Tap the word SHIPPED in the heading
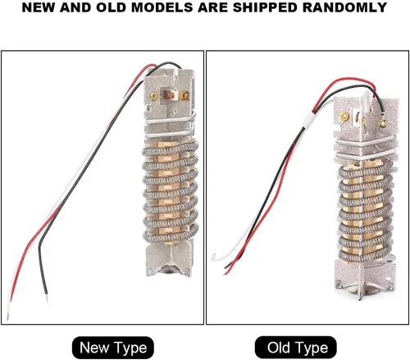tap(265, 7)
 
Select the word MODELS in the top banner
tap(162, 7)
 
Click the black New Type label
tap(113, 348)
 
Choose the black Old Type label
tap(296, 348)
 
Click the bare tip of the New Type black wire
tap(47, 298)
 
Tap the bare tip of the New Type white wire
tap(7, 317)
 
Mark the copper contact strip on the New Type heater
tap(170, 95)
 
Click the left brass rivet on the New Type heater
tap(154, 95)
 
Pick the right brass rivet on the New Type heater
tap(185, 95)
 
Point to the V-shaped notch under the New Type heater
tap(169, 268)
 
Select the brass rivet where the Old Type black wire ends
tap(383, 123)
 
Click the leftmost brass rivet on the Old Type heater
tap(344, 116)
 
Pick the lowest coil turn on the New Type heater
tap(171, 236)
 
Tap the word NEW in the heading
tap(38, 7)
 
